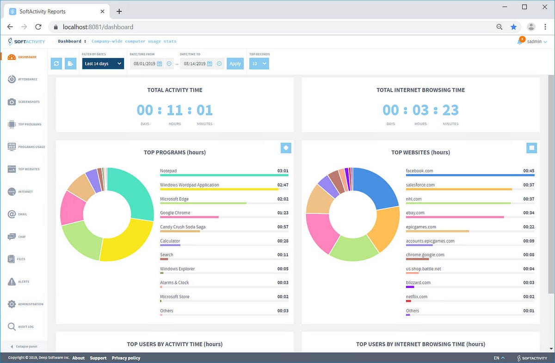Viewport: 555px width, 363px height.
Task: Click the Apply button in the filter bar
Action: pyautogui.click(x=235, y=63)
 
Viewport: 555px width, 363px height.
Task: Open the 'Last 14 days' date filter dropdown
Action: pyautogui.click(x=103, y=63)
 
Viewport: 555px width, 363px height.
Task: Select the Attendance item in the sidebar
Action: pyautogui.click(x=28, y=79)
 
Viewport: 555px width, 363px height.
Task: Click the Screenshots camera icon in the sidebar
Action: pyautogui.click(x=12, y=102)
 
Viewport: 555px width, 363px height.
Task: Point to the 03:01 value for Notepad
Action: pyautogui.click(x=283, y=171)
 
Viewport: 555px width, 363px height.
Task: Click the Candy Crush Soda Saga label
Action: pyautogui.click(x=183, y=227)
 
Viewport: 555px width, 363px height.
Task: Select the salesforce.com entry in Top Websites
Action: pyautogui.click(x=420, y=185)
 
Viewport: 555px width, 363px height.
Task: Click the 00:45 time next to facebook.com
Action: pyautogui.click(x=529, y=171)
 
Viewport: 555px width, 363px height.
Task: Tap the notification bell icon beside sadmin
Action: pyautogui.click(x=520, y=42)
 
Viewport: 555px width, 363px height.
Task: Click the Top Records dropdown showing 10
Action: pyautogui.click(x=259, y=63)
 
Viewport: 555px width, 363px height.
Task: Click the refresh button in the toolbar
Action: pyautogui.click(x=56, y=63)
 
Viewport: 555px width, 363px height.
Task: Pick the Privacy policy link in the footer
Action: pyautogui.click(x=126, y=358)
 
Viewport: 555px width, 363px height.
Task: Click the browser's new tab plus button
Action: pyautogui.click(x=119, y=11)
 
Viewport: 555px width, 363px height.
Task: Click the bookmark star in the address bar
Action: pyautogui.click(x=513, y=27)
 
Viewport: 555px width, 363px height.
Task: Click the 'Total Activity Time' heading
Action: pyautogui.click(x=175, y=90)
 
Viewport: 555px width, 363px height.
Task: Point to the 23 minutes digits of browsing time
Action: pyautogui.click(x=450, y=110)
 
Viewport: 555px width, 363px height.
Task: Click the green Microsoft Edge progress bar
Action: pyautogui.click(x=203, y=203)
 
